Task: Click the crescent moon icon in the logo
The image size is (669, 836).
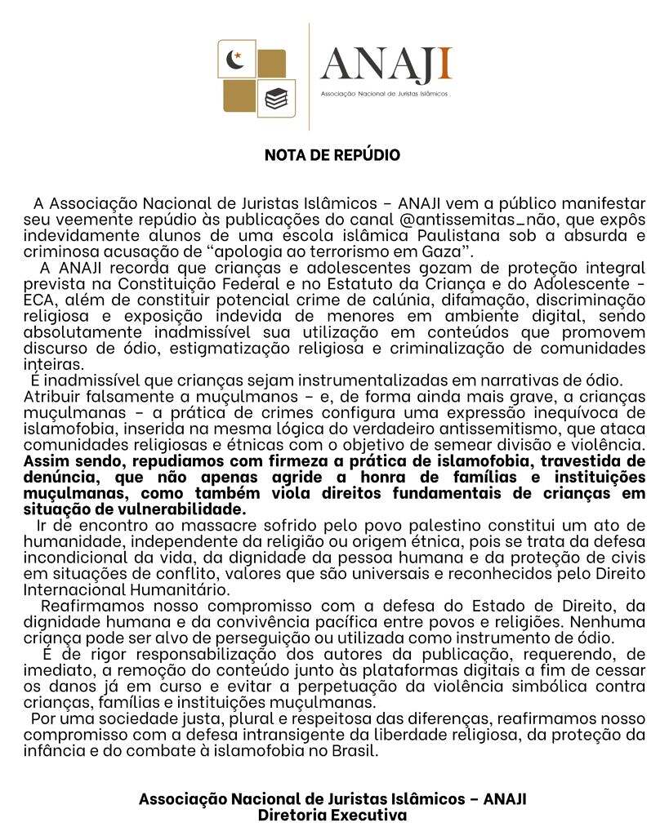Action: tap(236, 59)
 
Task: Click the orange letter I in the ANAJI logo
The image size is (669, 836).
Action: tap(445, 66)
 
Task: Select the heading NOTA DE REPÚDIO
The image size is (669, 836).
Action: tap(332, 155)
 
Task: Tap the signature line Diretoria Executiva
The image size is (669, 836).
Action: tap(332, 814)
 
